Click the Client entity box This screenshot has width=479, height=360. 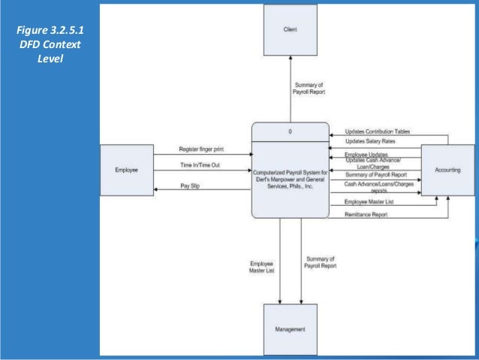pyautogui.click(x=289, y=30)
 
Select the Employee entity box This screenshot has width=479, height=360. pyautogui.click(x=126, y=171)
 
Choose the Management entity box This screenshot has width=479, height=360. pyautogui.click(x=290, y=329)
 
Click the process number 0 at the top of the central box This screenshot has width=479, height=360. pyautogui.click(x=290, y=132)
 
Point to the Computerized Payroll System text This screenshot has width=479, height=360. pyautogui.click(x=290, y=181)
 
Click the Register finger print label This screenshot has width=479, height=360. pyautogui.click(x=201, y=149)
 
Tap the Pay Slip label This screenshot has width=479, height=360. pyautogui.click(x=190, y=184)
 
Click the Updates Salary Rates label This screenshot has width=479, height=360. pyautogui.click(x=372, y=141)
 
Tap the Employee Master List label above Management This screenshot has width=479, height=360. pyautogui.click(x=263, y=268)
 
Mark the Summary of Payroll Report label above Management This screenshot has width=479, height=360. pyautogui.click(x=320, y=262)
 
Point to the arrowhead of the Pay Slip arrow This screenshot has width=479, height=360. pyautogui.click(x=156, y=189)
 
